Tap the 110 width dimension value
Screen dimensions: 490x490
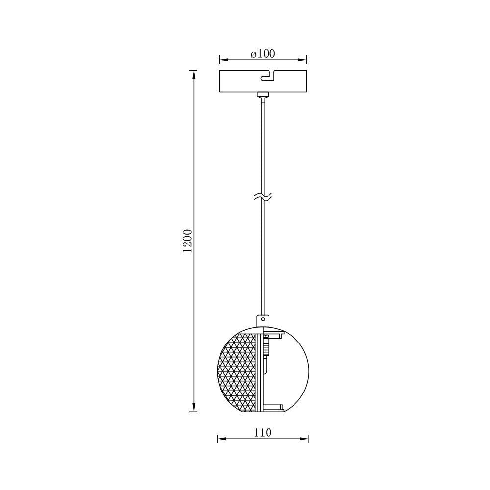[x=263, y=432]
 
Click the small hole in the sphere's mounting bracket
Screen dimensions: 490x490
[x=263, y=319]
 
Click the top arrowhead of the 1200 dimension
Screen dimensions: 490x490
[x=194, y=74]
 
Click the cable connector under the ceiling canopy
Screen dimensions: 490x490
[x=263, y=95]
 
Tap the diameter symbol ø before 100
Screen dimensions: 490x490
[x=253, y=54]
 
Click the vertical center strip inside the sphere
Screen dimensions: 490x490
[x=259, y=372]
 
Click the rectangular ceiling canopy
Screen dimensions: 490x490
[x=240, y=81]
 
